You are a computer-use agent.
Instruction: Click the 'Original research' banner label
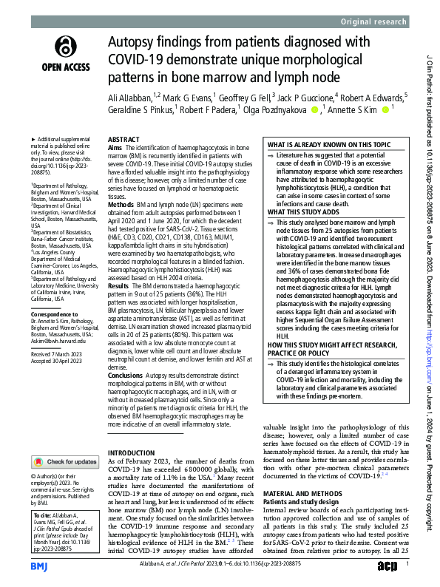376,22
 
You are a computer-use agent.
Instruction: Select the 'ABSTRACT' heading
123,139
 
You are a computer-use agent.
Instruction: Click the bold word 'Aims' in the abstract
115,148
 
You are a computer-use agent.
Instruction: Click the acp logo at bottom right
386,566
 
